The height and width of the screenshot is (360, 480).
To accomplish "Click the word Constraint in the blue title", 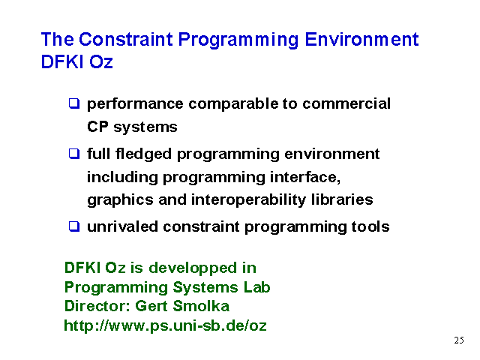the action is pos(126,39).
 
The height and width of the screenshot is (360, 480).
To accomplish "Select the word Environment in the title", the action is pos(361,39).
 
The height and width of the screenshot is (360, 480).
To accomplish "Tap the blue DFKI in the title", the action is pos(62,61).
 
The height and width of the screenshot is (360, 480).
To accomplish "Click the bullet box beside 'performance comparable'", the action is pos(74,103).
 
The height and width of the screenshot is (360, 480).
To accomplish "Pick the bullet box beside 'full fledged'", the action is pos(74,153).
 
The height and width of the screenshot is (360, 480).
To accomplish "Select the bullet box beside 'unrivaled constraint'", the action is pos(74,226).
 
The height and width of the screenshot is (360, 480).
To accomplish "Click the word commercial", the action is pos(346,103).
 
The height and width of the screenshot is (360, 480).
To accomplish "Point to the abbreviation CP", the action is pos(97,127).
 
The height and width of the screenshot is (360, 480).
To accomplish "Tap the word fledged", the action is pos(143,154).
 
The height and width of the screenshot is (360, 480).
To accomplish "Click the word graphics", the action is pos(120,200).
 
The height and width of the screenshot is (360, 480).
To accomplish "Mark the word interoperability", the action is pos(248,200).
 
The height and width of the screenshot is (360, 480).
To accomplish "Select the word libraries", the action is pos(342,199).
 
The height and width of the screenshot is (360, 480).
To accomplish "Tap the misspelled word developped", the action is pos(193,268).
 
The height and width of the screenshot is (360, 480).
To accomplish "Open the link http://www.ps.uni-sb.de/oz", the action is pos(165,325).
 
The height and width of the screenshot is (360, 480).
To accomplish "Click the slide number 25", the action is pos(459,340).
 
